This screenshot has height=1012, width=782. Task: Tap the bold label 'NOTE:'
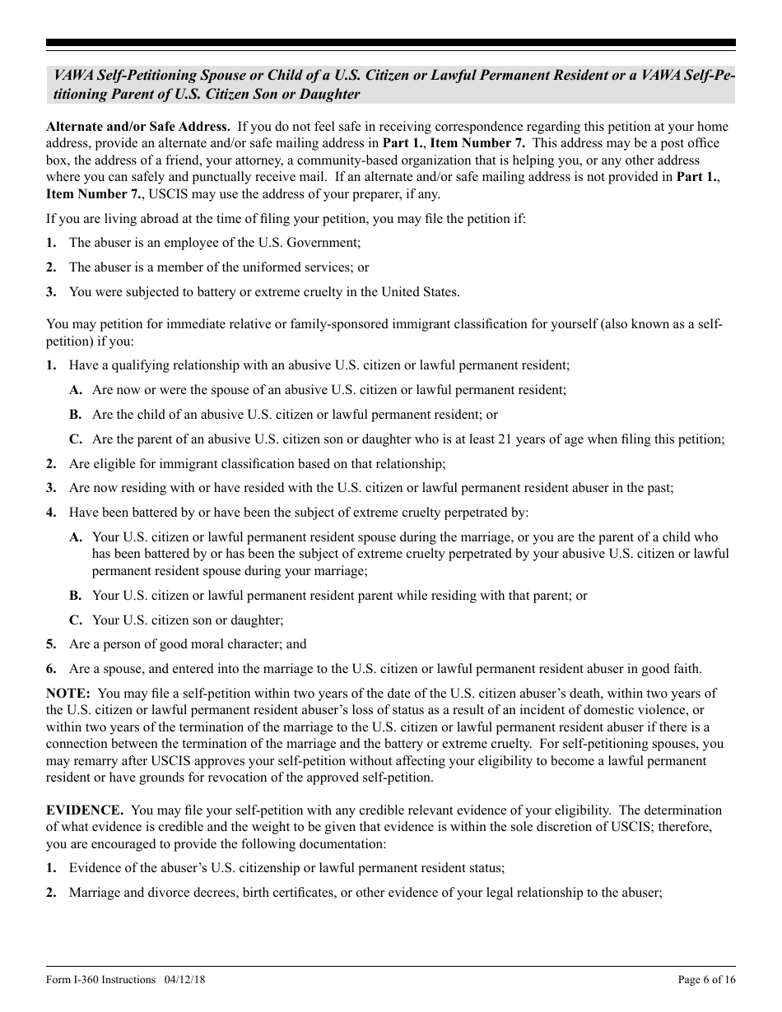[67, 694]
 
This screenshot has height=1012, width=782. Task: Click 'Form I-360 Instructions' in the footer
[100, 979]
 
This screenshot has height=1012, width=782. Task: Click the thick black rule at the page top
[391, 43]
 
